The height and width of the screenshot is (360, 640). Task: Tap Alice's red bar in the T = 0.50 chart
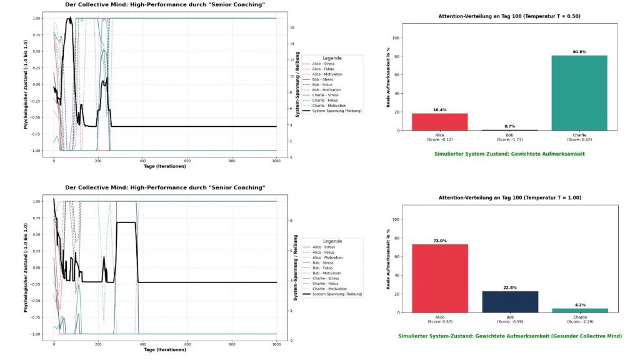[x=439, y=121]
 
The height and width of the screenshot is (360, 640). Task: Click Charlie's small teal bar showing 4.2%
[x=581, y=310]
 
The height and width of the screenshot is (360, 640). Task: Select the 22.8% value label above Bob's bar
[x=510, y=287]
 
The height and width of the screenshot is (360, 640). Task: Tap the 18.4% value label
[x=439, y=110]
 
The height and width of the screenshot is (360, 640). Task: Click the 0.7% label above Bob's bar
[x=510, y=126]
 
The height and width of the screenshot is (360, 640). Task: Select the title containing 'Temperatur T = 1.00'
[x=509, y=197]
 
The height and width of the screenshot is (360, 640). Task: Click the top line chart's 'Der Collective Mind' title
[x=165, y=4]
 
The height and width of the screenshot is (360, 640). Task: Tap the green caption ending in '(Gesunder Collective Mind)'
[x=509, y=336]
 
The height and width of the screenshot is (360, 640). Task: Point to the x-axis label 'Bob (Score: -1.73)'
[x=510, y=137]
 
